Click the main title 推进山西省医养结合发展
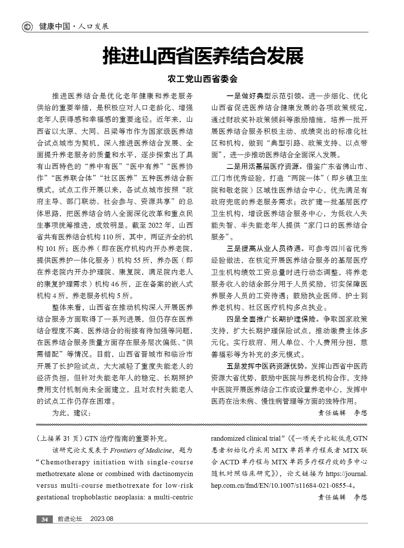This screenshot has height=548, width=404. [203, 56]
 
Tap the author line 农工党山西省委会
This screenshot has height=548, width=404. [203, 79]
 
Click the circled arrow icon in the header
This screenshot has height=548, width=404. [27, 27]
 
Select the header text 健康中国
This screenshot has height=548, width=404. [55, 27]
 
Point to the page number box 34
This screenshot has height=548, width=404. [45, 519]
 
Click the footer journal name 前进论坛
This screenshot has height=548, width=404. [69, 519]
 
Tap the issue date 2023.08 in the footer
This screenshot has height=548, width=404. [102, 519]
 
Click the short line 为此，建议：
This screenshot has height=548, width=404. [71, 413]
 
